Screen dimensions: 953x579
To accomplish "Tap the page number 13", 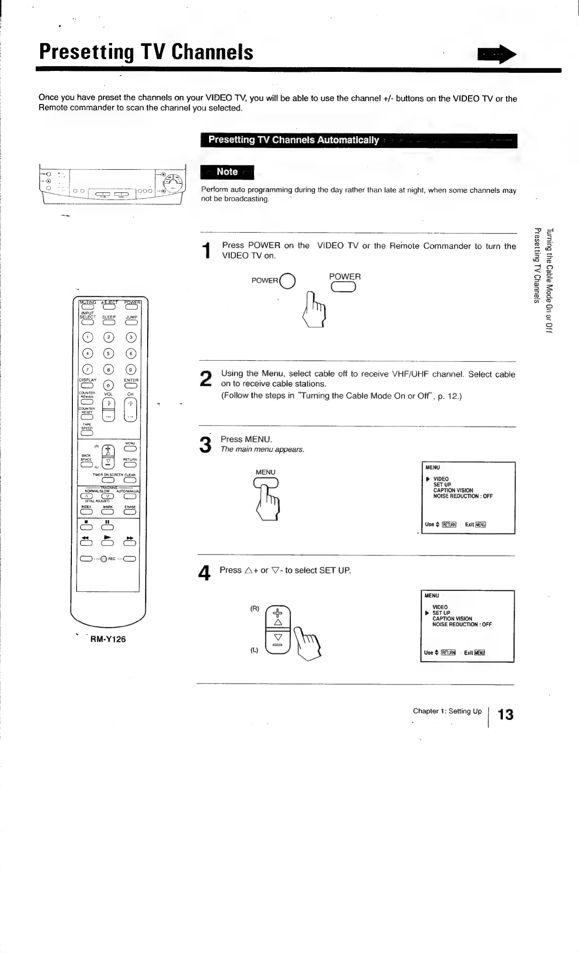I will point(506,714).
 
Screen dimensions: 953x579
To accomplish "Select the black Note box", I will point(227,172).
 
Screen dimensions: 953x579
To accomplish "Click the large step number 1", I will point(205,251).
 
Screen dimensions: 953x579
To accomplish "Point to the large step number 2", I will point(206,379).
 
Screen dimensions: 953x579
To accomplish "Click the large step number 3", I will point(205,444).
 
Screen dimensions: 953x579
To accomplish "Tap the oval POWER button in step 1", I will point(344,287).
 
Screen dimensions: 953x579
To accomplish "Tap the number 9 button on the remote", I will point(131,370).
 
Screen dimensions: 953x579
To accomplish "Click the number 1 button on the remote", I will point(87,337).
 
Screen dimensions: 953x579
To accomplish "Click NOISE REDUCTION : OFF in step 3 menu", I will point(463,496).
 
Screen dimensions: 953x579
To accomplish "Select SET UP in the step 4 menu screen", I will point(441,613).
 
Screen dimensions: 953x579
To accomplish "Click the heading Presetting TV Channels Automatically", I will point(294,140).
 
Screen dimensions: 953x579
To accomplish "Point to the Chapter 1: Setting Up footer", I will point(447,711).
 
